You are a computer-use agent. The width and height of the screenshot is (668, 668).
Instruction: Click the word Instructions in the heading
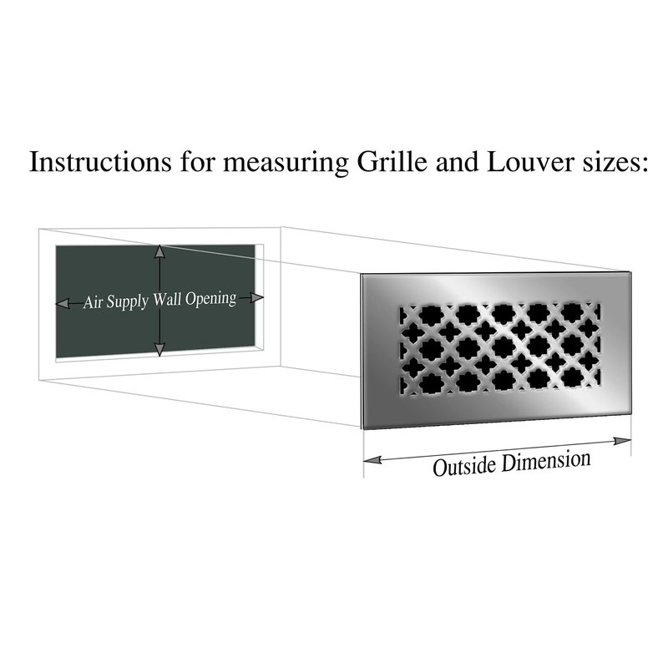(x=100, y=161)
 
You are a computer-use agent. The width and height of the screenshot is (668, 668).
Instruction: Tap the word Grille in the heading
(x=392, y=161)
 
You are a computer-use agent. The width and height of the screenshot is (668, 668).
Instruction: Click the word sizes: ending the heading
(x=615, y=163)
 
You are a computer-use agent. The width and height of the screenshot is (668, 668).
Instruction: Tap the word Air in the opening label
(x=92, y=302)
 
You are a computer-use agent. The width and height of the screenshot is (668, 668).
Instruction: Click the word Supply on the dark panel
(x=127, y=302)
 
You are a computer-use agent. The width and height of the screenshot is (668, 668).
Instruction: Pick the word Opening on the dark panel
(x=210, y=299)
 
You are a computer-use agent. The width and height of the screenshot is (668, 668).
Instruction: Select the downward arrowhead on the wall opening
(x=159, y=349)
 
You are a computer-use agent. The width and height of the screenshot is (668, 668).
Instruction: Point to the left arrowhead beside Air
(x=63, y=303)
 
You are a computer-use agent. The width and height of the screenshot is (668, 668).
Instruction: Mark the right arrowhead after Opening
(x=257, y=297)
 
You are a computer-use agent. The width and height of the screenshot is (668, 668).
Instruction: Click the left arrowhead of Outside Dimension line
(x=372, y=460)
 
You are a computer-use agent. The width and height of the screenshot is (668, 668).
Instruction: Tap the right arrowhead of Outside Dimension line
(x=622, y=441)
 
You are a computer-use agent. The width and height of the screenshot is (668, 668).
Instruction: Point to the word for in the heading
(x=197, y=161)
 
